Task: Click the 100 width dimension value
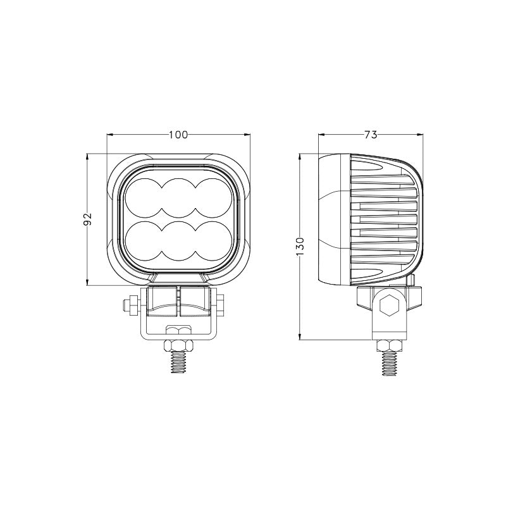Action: [x=178, y=135]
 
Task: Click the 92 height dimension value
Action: [x=88, y=219]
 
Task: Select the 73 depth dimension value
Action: [x=371, y=135]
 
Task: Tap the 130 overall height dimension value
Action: [x=300, y=247]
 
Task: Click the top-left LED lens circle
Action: [x=144, y=197]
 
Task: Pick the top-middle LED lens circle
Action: [x=178, y=197]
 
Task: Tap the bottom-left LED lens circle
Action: [x=144, y=241]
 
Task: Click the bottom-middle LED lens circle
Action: [x=178, y=241]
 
